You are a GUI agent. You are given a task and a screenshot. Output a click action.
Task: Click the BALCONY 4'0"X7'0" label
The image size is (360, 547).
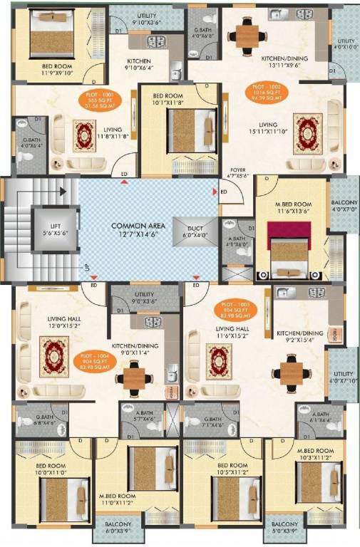[344, 205]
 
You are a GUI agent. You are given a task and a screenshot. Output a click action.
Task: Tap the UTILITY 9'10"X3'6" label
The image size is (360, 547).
[147, 19]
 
